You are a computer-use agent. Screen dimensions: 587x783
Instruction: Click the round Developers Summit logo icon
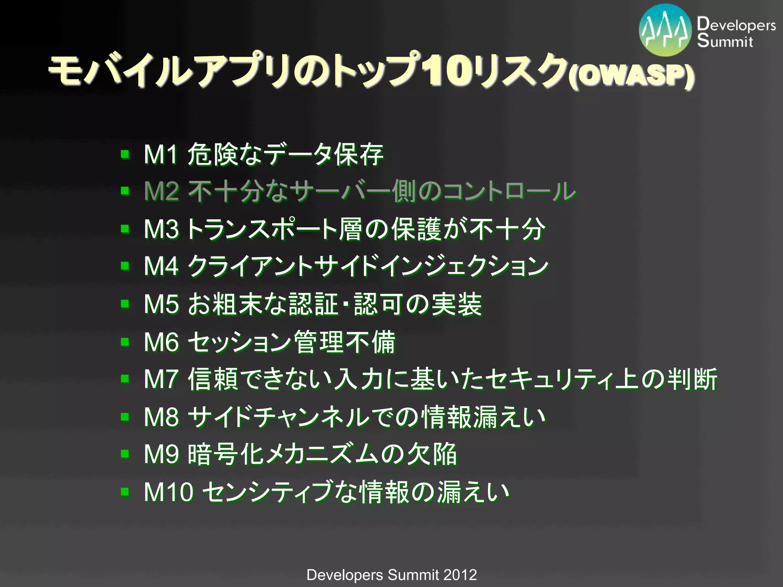(x=666, y=30)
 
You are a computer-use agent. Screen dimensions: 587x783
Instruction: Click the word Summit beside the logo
(x=725, y=41)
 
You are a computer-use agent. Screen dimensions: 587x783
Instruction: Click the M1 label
(x=161, y=154)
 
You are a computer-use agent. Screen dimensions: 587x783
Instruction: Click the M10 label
(x=168, y=492)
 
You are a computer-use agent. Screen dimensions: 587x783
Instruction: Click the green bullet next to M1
(x=125, y=154)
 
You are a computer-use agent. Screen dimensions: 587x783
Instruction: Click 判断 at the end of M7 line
(x=692, y=379)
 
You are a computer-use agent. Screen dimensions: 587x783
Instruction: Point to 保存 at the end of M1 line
(x=359, y=154)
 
